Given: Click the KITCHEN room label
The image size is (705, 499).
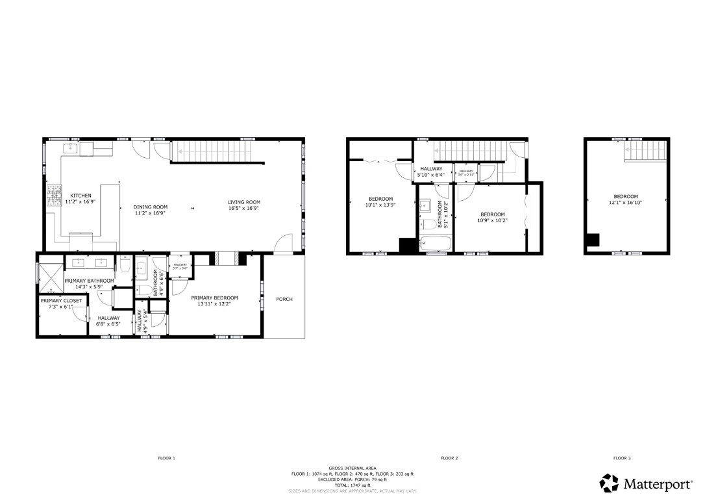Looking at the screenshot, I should [81, 196].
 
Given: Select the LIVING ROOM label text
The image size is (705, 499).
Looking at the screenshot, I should [243, 202].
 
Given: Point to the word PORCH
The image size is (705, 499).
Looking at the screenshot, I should [284, 300].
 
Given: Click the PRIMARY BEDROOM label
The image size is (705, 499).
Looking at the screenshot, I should [214, 298].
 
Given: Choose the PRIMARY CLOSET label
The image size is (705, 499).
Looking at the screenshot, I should [61, 301].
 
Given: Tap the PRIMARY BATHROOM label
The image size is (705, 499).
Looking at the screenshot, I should [89, 281].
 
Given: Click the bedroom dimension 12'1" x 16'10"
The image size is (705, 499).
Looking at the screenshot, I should [626, 203].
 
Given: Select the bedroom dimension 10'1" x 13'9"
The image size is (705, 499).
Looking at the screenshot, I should [380, 205].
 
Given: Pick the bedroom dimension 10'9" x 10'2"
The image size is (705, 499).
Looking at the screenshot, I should [493, 220].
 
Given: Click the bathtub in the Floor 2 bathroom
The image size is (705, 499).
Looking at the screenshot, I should [434, 245].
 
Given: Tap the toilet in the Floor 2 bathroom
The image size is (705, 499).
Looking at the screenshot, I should [427, 225].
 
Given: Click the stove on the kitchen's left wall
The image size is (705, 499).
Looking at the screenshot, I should [50, 195].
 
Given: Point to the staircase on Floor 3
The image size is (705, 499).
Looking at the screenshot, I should [647, 151].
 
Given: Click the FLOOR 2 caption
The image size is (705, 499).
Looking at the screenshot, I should [449, 458].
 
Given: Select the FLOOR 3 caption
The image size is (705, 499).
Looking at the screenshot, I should [621, 458].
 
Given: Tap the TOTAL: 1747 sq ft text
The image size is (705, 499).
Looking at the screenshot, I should [352, 485].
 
